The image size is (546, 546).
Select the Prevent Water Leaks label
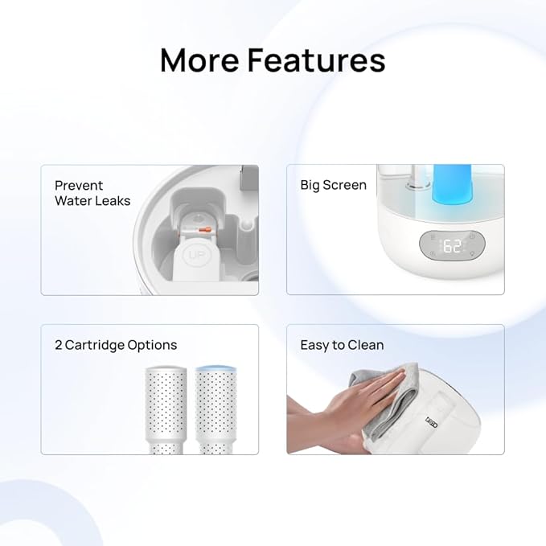point(92,193)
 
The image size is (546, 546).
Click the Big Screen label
point(333,185)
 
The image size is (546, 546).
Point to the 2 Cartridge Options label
point(116,345)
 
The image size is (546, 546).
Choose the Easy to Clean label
point(342,345)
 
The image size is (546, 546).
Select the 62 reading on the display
point(453,247)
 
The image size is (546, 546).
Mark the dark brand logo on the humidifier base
point(431,421)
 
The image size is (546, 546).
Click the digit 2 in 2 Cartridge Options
point(59,345)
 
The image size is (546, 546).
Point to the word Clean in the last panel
point(365,345)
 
